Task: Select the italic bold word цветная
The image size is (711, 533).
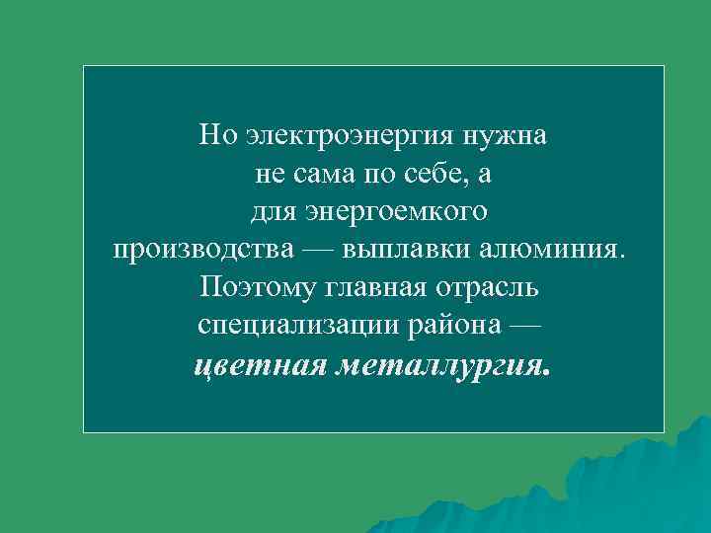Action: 262,366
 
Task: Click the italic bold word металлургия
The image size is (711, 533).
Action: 443,366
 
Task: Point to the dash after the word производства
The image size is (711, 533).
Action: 317,247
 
